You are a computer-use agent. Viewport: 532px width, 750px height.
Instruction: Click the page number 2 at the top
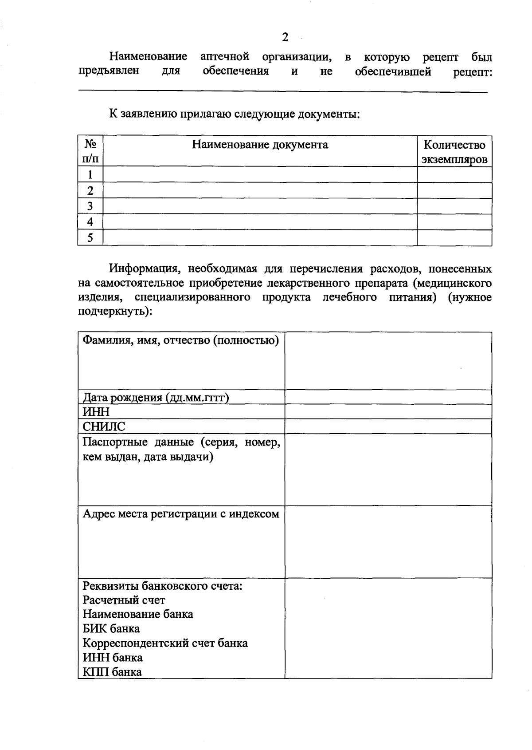click(x=285, y=37)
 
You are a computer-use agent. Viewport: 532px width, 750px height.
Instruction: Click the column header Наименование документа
click(x=260, y=145)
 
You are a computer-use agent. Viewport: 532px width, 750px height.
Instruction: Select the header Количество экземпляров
click(x=454, y=152)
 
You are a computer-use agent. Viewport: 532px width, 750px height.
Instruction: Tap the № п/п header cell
click(x=90, y=151)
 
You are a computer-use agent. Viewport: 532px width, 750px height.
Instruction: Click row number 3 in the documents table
click(x=90, y=206)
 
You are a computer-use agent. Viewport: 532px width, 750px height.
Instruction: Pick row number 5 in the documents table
click(x=90, y=238)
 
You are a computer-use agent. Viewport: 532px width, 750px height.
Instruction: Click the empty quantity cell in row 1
click(x=454, y=174)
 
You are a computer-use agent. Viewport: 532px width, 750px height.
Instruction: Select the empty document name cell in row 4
click(x=260, y=222)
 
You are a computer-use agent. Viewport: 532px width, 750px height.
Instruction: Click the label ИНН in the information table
click(x=96, y=412)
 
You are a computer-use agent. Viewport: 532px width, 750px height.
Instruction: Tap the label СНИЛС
click(x=104, y=426)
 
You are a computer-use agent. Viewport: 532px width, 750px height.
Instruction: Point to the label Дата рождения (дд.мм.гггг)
click(x=156, y=397)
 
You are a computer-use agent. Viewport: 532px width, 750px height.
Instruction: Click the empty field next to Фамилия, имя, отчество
click(x=388, y=361)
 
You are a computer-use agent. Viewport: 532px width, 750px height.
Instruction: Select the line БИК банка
click(x=111, y=629)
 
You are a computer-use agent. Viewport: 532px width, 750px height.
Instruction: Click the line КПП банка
click(x=112, y=672)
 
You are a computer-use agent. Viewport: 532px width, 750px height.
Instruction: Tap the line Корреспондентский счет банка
click(x=165, y=643)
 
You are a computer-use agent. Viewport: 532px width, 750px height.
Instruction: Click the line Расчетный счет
click(x=124, y=600)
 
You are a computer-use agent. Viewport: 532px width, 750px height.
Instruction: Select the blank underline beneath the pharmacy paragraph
click(x=282, y=91)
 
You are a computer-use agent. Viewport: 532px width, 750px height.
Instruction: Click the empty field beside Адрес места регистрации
click(x=388, y=541)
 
